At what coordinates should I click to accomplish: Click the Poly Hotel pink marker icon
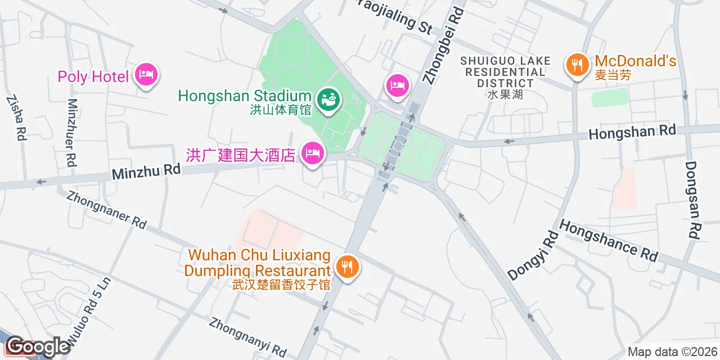(146, 75)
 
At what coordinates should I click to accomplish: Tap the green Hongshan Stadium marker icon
(327, 100)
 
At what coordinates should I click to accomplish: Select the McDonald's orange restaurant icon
(577, 65)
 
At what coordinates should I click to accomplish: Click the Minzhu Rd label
(146, 171)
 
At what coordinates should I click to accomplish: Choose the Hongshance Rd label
(609, 240)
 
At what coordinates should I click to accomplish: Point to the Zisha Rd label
(16, 117)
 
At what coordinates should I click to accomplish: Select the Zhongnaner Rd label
(106, 209)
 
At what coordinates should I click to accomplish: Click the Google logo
(37, 346)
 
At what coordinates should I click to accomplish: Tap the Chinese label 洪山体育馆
(280, 110)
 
